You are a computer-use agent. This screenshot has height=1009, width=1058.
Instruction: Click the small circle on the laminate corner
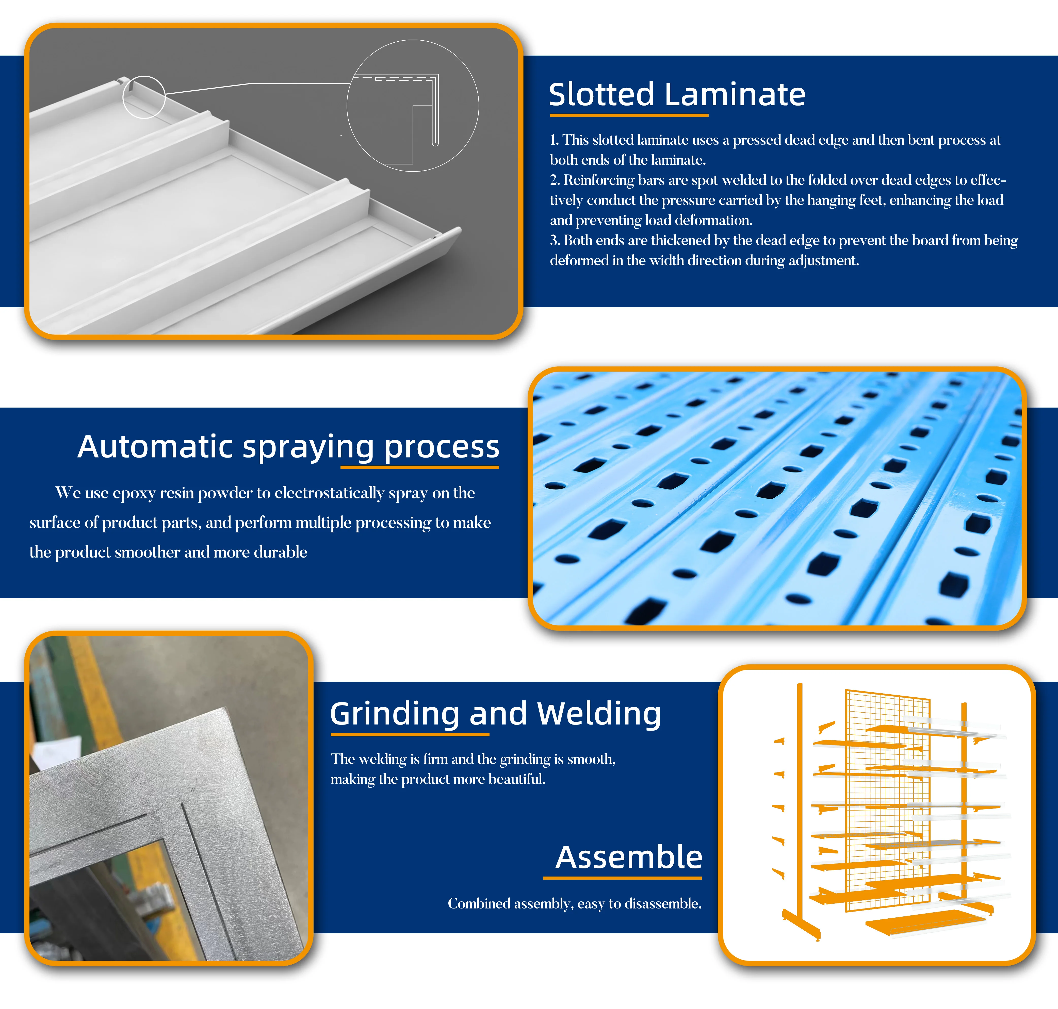click(x=144, y=97)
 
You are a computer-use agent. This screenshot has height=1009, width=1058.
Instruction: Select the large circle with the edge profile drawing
click(x=413, y=105)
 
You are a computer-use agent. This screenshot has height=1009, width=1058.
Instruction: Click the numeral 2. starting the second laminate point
click(x=555, y=180)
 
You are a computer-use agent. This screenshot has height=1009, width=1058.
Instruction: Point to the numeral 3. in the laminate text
click(x=555, y=240)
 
